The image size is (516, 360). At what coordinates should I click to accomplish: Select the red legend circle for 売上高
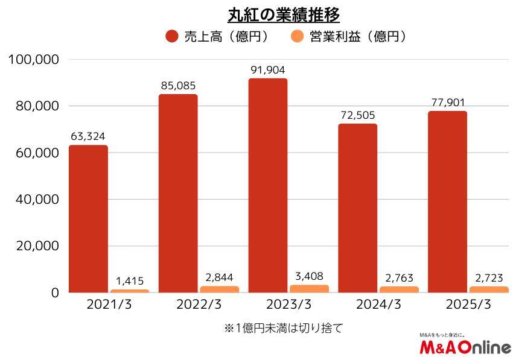pos(172,37)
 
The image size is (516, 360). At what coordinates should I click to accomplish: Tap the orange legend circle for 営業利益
pos(297,37)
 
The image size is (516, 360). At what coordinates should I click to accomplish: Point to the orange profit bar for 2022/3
pos(219,289)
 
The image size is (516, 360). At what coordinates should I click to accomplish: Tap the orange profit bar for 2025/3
pos(489,289)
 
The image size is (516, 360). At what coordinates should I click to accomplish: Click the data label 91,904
pos(268,70)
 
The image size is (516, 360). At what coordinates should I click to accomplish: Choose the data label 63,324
pos(88,136)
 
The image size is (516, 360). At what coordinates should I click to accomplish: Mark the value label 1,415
pos(130,281)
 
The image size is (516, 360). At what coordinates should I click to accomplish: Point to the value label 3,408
pos(309,276)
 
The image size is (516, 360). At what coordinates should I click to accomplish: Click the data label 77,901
pos(448,102)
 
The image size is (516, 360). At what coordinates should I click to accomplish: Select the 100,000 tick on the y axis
pos(34,60)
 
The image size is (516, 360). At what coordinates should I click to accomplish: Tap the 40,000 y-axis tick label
pos(36,200)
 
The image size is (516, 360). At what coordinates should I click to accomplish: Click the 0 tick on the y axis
pos(55,293)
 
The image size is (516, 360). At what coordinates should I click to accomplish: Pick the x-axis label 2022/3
pos(199,305)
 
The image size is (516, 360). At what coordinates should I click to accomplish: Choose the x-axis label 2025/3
pos(468,305)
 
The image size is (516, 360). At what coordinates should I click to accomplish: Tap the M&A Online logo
pos(465,346)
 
